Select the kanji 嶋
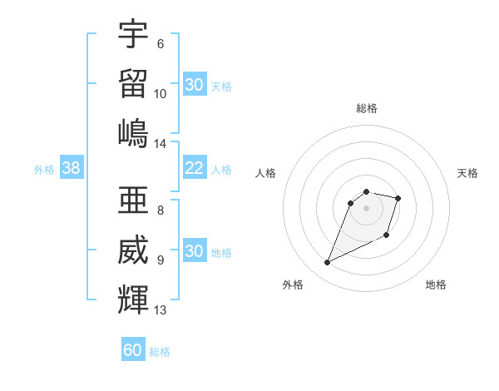pyautogui.click(x=133, y=132)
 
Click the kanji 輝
pyautogui.click(x=133, y=299)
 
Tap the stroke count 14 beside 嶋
pyautogui.click(x=161, y=143)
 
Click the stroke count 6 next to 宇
pyautogui.click(x=161, y=43)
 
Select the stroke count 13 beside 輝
pyautogui.click(x=161, y=310)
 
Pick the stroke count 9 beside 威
pyautogui.click(x=161, y=260)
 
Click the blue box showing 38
pyautogui.click(x=71, y=168)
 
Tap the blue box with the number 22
pyautogui.click(x=194, y=168)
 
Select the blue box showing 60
pyautogui.click(x=133, y=350)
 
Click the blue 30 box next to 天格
pyautogui.click(x=194, y=85)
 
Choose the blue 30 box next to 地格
pyautogui.click(x=194, y=251)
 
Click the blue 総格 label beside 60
pyautogui.click(x=160, y=352)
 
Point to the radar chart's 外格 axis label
pyautogui.click(x=293, y=285)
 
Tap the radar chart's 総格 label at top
pyautogui.click(x=367, y=108)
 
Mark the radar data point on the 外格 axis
pyautogui.click(x=328, y=263)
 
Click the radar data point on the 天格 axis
pyautogui.click(x=398, y=198)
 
